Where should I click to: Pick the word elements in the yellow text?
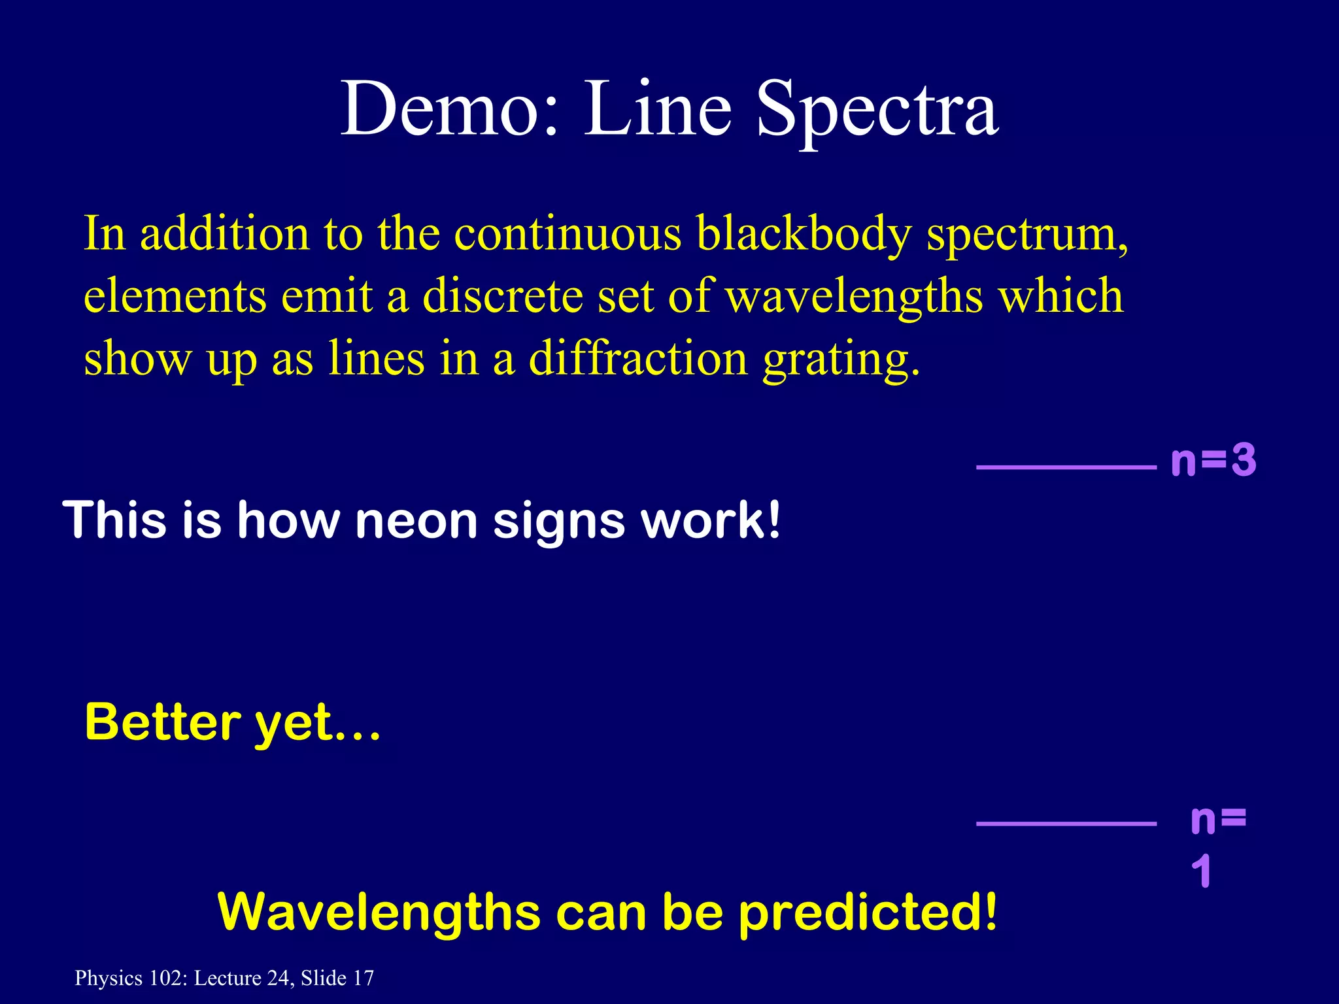(x=175, y=295)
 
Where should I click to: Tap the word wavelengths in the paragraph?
(x=854, y=295)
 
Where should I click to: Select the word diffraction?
(x=638, y=358)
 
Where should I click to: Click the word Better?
(x=163, y=722)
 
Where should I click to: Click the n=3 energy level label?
(x=1213, y=461)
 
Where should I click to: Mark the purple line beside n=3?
(x=1066, y=467)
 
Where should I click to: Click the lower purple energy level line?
(x=1066, y=824)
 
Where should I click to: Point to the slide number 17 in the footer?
(x=364, y=978)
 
